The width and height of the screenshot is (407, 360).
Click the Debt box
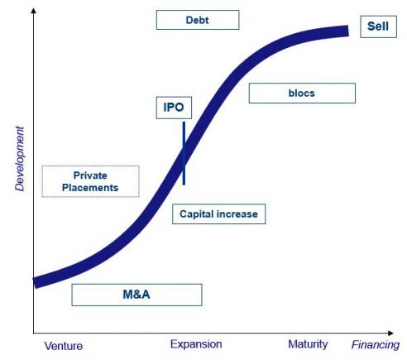click(x=198, y=20)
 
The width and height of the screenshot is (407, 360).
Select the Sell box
click(x=378, y=26)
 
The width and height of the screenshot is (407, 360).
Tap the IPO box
click(x=174, y=108)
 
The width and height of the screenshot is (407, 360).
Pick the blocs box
click(x=302, y=94)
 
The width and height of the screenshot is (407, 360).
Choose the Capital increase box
click(x=218, y=214)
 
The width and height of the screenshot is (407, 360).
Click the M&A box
click(x=136, y=295)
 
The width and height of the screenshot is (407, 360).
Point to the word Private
click(x=90, y=175)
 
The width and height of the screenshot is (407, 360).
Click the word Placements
click(x=90, y=188)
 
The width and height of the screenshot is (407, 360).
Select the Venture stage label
click(x=64, y=346)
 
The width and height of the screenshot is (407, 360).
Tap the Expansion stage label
click(x=196, y=344)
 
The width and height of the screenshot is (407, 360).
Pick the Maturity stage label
click(x=308, y=344)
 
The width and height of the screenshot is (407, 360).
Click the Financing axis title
click(x=376, y=345)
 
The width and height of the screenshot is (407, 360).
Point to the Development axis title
click(x=20, y=159)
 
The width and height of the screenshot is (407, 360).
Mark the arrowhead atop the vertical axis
click(x=34, y=10)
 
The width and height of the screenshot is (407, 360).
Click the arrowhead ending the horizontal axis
click(x=390, y=334)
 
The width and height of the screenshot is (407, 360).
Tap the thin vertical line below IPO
click(x=184, y=153)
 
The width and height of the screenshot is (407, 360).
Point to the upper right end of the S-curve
click(x=348, y=31)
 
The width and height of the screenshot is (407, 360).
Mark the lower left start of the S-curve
click(x=35, y=283)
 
